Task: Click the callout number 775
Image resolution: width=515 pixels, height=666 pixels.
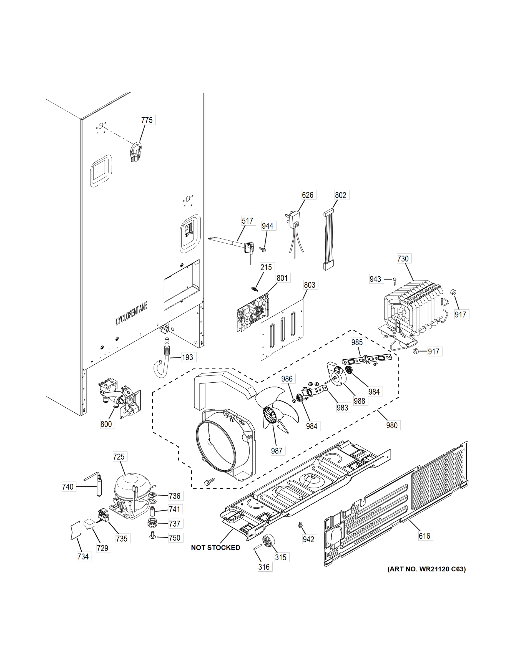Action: [147, 120]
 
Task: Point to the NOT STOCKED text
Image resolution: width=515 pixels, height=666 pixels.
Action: [215, 548]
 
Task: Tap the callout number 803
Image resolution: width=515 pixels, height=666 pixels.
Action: [309, 285]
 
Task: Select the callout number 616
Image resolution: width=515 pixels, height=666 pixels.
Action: [424, 536]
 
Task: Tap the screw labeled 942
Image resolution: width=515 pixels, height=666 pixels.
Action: [300, 525]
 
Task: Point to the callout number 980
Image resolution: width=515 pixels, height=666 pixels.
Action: [392, 425]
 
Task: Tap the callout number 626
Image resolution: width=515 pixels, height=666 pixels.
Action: [308, 195]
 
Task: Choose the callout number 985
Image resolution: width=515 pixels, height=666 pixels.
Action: [357, 342]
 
